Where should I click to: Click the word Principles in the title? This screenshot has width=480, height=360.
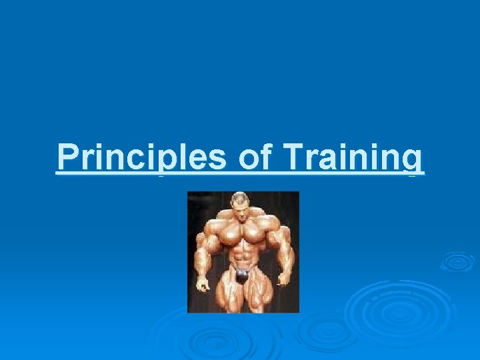tap(141, 158)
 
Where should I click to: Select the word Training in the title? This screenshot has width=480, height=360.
tap(353, 159)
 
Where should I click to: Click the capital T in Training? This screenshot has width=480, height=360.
tap(294, 158)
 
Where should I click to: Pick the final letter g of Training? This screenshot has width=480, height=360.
tap(415, 161)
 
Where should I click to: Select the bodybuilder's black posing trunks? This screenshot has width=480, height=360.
tap(242, 273)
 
